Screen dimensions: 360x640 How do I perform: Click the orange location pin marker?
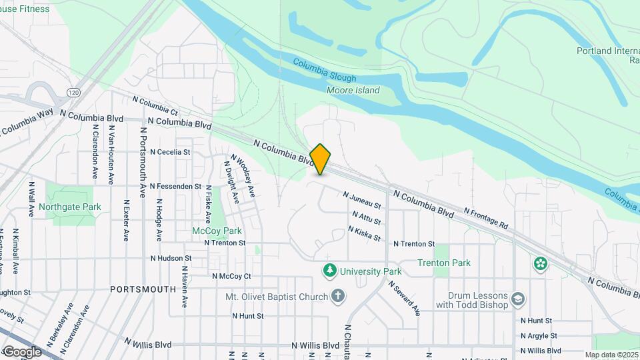[321, 159]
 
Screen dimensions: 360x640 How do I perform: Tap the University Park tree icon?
[329, 271]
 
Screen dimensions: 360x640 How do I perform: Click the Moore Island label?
[353, 91]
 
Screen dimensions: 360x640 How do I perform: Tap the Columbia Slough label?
[325, 70]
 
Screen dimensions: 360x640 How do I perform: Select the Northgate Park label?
[70, 207]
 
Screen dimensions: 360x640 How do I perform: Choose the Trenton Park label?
[444, 263]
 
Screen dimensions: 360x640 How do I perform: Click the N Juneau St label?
[362, 201]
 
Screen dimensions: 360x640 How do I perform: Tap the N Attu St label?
[366, 217]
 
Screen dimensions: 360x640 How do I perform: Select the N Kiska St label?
[364, 234]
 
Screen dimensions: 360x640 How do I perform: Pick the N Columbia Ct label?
[155, 105]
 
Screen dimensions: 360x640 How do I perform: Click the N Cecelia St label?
[170, 152]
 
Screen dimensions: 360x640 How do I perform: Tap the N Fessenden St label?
[175, 186]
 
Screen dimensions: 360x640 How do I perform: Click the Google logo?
[22, 351]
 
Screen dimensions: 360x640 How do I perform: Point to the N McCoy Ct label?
[231, 276]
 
